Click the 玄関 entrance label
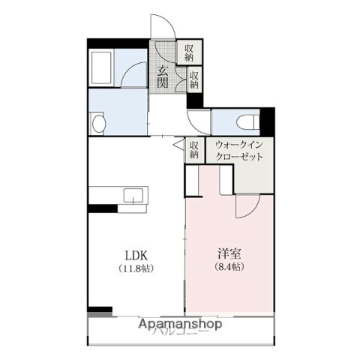tap(163, 77)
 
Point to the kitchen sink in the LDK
tap(134, 196)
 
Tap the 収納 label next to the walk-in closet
tap(193, 150)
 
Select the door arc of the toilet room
tap(199, 120)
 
